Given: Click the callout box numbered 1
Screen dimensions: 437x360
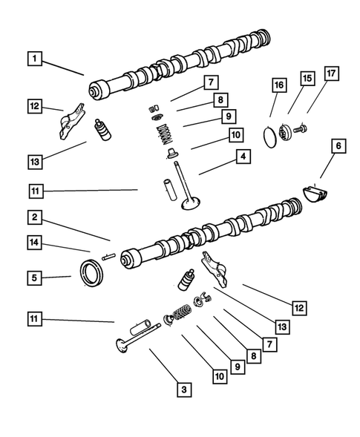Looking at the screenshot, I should coord(33,56).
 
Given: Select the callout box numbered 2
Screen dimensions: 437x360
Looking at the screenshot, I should coord(34,217).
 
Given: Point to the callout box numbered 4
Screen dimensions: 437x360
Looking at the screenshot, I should coord(243,157).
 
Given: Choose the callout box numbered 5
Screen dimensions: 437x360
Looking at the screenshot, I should coord(34,278).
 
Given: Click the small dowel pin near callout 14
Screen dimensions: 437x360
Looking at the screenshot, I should coord(108,257).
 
